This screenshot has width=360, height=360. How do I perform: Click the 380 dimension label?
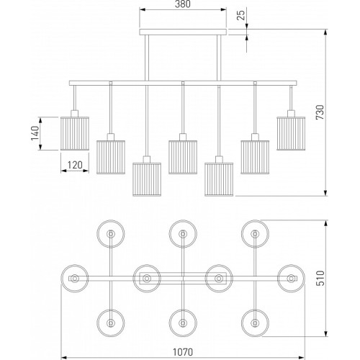point(183,4)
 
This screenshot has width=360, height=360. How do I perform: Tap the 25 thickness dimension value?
point(242,15)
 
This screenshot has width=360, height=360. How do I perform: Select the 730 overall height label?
point(320,112)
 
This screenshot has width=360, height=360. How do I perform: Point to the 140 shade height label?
point(35,133)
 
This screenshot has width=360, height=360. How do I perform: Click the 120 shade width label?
point(75,165)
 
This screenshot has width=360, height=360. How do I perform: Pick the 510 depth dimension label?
point(320,278)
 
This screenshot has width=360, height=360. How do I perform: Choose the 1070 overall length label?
point(183,352)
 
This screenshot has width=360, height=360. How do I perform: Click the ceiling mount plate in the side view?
point(183,32)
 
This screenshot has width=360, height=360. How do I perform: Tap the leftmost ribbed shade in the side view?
point(75,133)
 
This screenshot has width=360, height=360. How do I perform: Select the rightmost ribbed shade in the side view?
point(291,133)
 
